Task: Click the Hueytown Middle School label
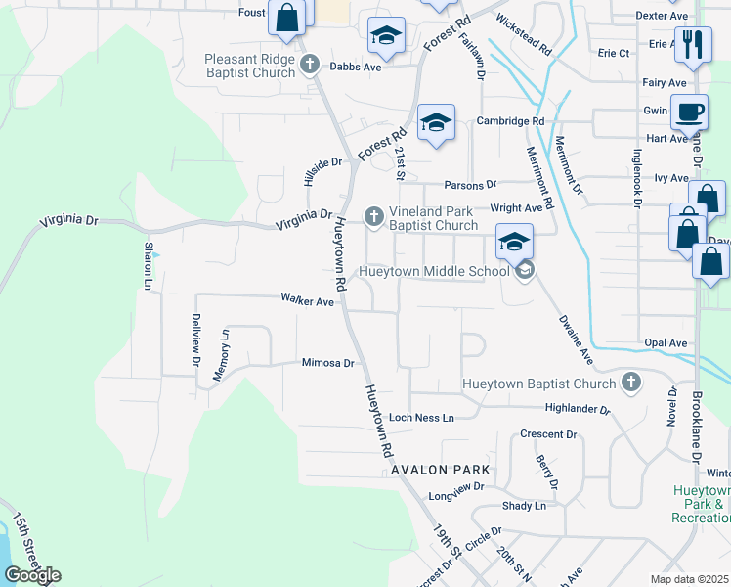[435, 271]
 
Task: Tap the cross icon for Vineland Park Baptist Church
[372, 216]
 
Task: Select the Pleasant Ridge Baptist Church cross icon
[311, 66]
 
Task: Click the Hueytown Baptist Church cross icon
[631, 383]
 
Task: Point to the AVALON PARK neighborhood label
[440, 470]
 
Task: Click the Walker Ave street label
[308, 301]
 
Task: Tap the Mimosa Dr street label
[327, 363]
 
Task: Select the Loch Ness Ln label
[422, 418]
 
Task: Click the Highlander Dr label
[578, 409]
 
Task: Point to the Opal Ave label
[666, 343]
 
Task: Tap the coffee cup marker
[689, 112]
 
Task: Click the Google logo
[31, 575]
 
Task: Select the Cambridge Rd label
[510, 121]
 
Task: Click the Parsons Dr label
[471, 184]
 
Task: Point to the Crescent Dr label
[549, 434]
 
